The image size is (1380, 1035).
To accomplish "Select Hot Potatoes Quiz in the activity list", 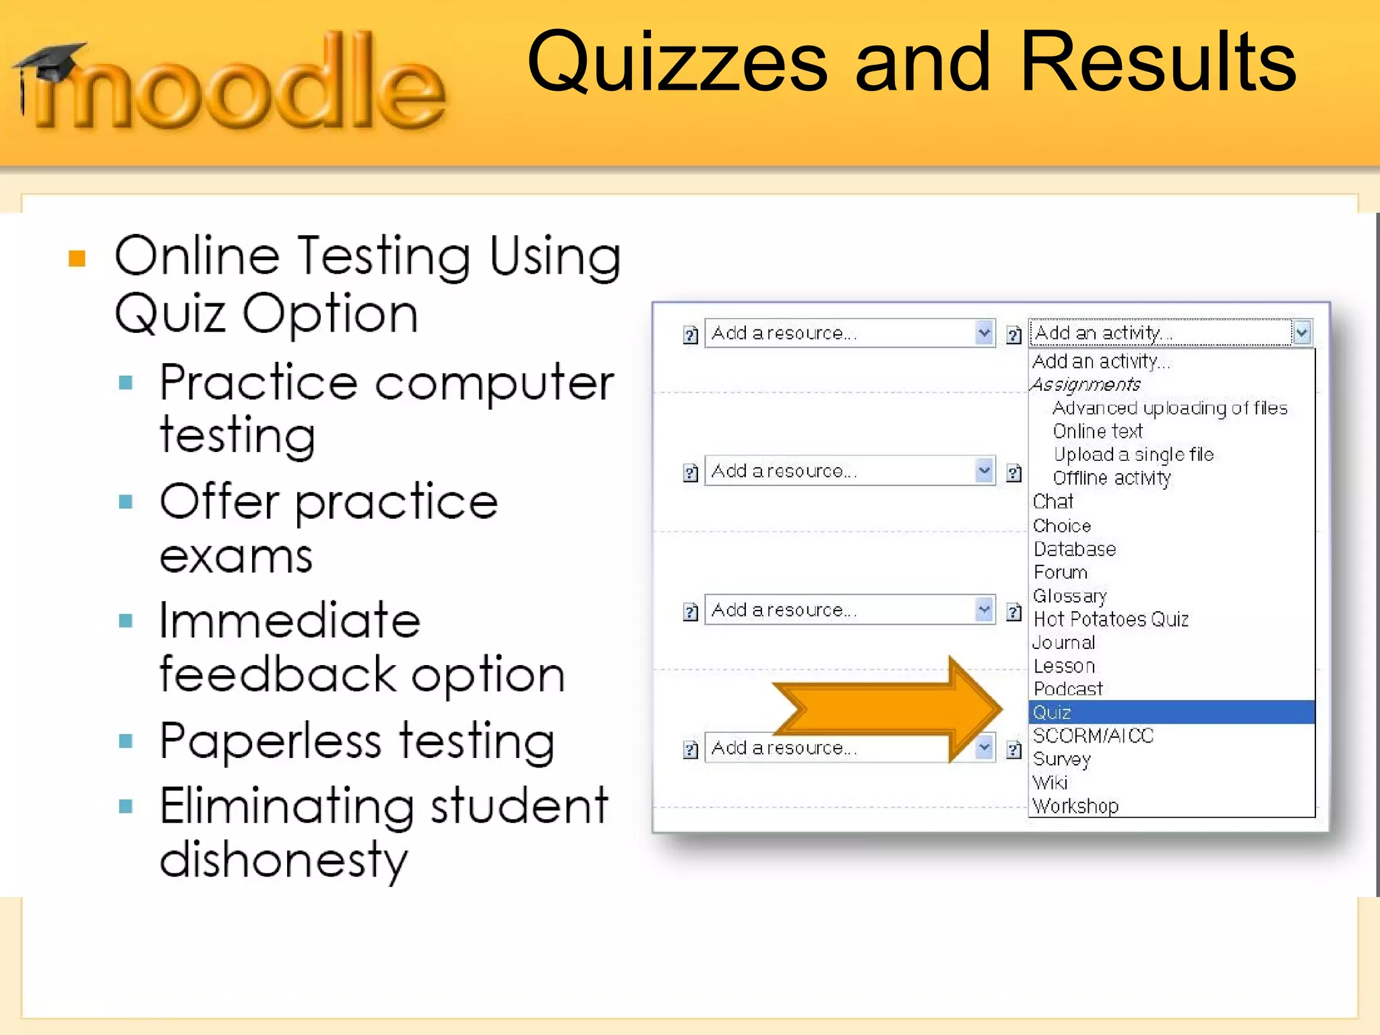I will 1110,619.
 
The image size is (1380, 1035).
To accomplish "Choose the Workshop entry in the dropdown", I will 1075,806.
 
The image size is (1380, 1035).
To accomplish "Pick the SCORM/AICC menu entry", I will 1093,736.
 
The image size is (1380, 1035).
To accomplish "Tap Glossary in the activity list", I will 1070,596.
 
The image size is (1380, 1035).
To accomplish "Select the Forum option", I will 1061,573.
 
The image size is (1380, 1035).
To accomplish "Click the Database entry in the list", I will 1075,549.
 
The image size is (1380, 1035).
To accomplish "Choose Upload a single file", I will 1133,455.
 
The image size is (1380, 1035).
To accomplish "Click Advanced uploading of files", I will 1170,408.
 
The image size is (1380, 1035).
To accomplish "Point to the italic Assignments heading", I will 1086,385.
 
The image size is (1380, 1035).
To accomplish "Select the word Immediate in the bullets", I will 290,621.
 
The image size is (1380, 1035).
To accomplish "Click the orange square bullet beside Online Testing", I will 77,259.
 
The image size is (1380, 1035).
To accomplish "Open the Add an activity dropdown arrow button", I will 1302,332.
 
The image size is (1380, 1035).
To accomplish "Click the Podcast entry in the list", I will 1068,689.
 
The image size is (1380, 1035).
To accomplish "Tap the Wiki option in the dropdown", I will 1050,782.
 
